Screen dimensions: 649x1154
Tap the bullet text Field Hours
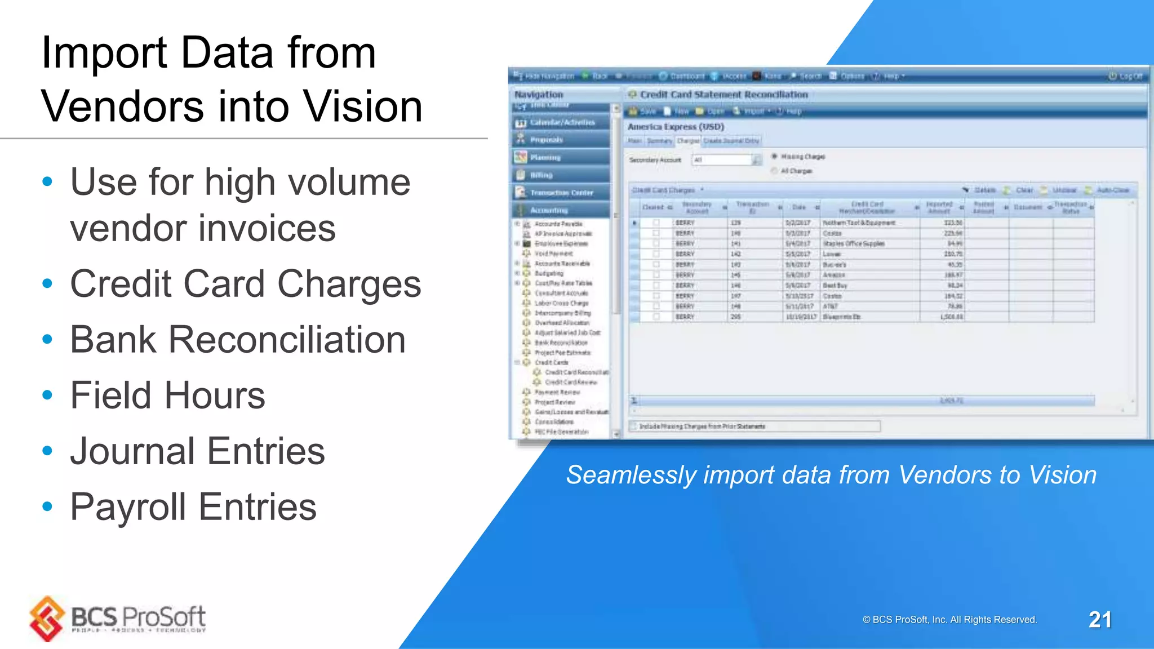click(x=167, y=395)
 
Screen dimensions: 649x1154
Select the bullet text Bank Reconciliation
click(x=237, y=340)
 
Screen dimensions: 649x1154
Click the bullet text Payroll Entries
click(x=193, y=506)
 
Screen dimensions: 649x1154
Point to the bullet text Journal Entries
click(x=197, y=451)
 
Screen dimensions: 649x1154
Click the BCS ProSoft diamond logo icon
click(x=47, y=619)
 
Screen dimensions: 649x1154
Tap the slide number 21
click(x=1099, y=620)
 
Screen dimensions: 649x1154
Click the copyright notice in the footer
click(x=949, y=620)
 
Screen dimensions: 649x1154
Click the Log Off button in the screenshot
click(x=1125, y=76)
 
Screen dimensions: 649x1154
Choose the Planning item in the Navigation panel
click(x=544, y=158)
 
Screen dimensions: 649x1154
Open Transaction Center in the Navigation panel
click(x=561, y=193)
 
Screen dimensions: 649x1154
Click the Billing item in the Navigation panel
click(x=541, y=175)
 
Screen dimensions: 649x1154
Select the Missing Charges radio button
click(x=775, y=156)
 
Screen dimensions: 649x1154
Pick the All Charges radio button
click(x=775, y=171)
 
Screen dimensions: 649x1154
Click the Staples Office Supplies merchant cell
click(x=854, y=244)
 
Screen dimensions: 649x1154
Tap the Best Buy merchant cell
click(x=835, y=286)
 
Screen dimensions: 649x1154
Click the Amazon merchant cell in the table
click(x=834, y=275)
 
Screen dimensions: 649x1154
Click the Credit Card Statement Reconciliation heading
click(x=724, y=95)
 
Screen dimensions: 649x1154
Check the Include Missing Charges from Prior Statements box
click(x=634, y=426)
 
